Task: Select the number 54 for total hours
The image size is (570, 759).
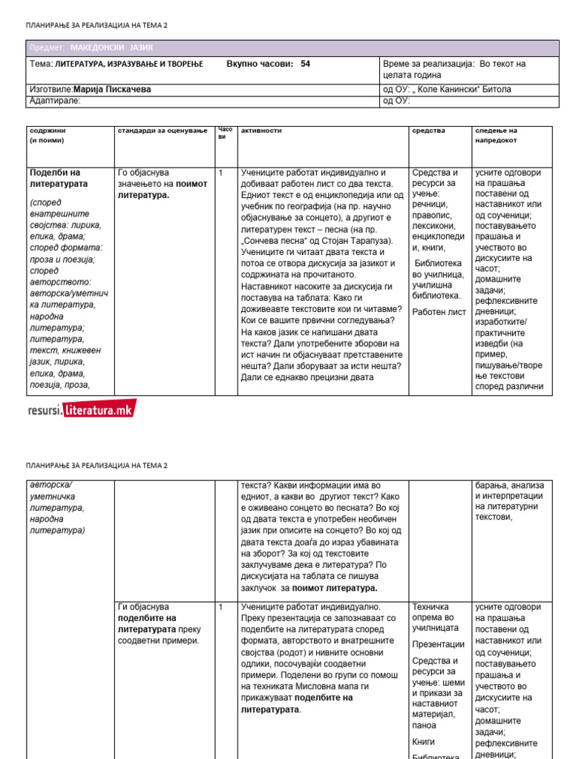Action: pos(305,64)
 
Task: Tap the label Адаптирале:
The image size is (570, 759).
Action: pos(55,101)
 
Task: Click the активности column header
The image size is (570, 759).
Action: pos(261,130)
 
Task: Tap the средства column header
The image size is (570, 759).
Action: pos(428,130)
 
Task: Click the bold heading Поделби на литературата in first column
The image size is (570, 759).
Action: pos(59,178)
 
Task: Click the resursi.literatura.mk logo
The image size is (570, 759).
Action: pos(82,408)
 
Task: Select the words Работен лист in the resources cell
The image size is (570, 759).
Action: pos(439,312)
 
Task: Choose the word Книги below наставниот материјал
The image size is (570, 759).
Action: pos(424,741)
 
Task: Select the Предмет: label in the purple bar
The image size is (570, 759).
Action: pos(47,47)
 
